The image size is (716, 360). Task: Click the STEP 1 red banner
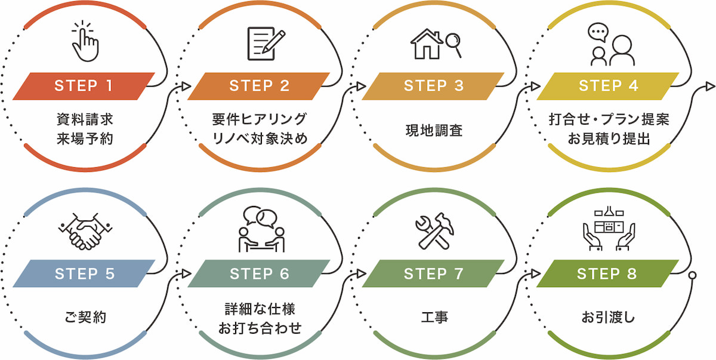84,86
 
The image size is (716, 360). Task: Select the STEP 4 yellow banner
608,86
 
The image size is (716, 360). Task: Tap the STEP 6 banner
259,274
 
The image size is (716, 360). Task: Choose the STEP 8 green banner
608,274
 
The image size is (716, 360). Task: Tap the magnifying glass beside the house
453,45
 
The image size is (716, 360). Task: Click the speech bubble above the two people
597,32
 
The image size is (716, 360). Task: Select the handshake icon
85,232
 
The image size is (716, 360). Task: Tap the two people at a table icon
261,230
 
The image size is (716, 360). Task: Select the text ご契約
85,318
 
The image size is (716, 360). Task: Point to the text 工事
434,318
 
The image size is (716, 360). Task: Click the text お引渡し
608,318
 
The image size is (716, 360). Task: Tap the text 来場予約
85,139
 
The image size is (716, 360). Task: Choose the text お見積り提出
608,139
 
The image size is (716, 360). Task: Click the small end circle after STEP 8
692,275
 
